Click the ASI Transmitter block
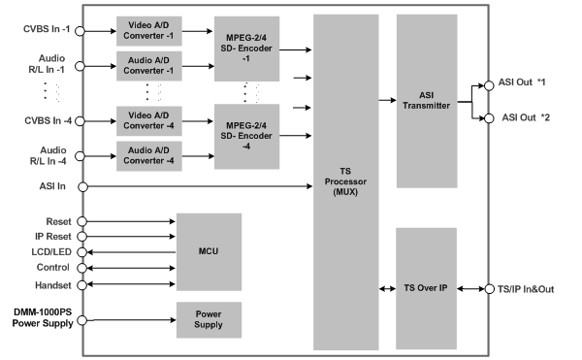427,100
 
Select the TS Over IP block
427,288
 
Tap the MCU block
208,250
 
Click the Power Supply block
208,320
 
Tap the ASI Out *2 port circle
489,117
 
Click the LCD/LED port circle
83,251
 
